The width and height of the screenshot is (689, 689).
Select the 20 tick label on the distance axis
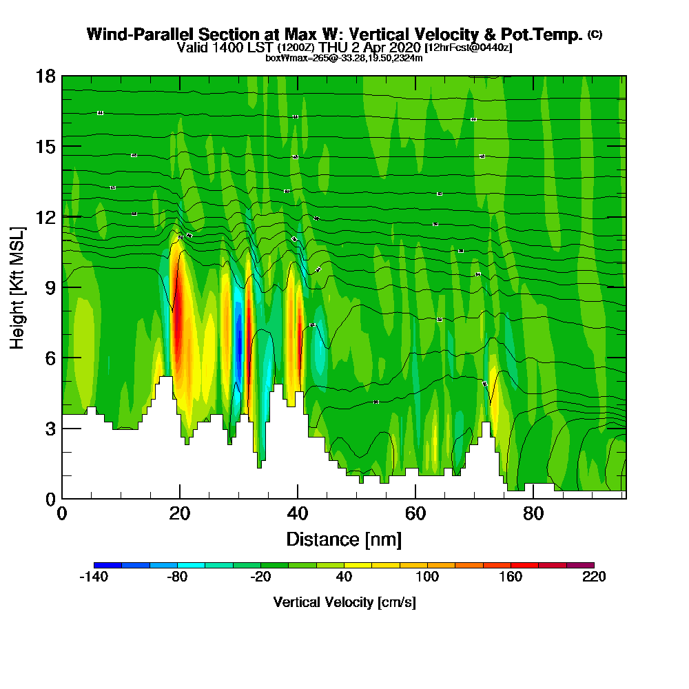coord(179,514)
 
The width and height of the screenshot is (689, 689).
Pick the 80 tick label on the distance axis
coord(533,514)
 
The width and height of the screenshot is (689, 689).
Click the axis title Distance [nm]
coord(344,539)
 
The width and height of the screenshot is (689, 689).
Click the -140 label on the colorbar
coord(94,577)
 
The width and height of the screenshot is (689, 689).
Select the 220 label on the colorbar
coord(593,577)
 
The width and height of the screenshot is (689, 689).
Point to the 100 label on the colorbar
coord(427,577)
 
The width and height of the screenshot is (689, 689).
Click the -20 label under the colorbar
coord(260,577)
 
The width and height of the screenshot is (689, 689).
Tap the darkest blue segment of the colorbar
coord(107,565)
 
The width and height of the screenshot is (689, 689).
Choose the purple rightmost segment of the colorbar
coord(579,565)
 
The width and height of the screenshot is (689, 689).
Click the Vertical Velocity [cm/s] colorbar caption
coord(344,602)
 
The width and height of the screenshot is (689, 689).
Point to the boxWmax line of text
coord(344,58)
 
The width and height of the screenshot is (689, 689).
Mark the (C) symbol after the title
coord(595,34)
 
